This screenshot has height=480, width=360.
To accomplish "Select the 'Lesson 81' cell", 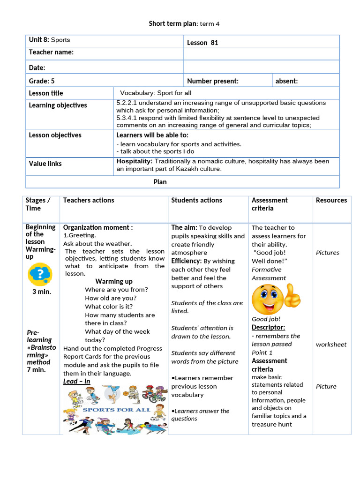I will coord(202,43).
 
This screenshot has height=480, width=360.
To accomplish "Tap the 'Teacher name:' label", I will coord(51,52).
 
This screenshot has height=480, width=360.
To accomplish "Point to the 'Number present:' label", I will coord(212,81).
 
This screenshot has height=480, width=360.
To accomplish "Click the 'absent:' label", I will coord(286,81).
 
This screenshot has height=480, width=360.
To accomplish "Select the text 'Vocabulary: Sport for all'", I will coord(155,93).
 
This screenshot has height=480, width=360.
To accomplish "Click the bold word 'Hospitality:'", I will coord(134,161).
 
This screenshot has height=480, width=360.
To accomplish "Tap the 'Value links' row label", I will coord(45,164).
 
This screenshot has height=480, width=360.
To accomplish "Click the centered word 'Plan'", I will coord(160,182).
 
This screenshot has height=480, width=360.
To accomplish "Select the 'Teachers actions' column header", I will coord(89,200).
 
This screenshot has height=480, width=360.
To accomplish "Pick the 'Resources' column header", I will coord(331,200).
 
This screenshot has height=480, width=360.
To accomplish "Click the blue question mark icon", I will coord(40,274).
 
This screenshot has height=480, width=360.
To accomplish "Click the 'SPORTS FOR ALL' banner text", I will coord(116,409).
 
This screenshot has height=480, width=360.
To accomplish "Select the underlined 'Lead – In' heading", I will coord(76,382).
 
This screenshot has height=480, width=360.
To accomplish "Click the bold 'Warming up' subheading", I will coord(114,281).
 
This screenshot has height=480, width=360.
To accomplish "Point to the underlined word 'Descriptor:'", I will coord(268,327).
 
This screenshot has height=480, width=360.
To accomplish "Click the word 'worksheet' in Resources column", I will coord(331,344).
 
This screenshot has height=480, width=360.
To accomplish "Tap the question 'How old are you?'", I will coord(111,298).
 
